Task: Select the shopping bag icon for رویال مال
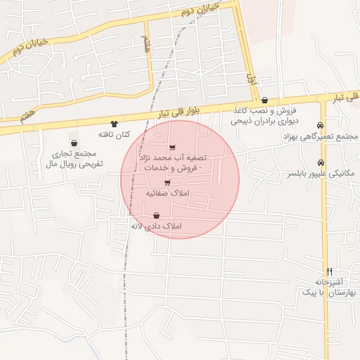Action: pos(75,143)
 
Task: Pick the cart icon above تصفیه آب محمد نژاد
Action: pos(173,147)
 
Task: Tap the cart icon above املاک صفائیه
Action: pos(167,183)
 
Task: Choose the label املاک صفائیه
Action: pos(167,192)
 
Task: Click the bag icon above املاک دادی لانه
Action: pos(156,216)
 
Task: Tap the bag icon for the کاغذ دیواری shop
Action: pos(264,101)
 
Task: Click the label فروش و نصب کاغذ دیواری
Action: pos(265,115)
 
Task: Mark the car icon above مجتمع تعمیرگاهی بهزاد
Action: pos(321,125)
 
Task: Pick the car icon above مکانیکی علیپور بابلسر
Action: pos(321,163)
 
